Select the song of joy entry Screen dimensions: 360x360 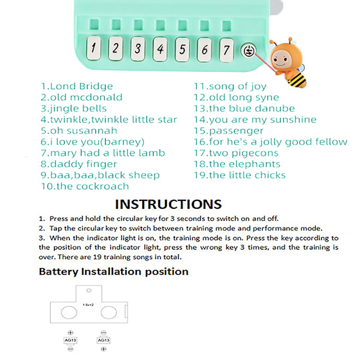pyautogui.click(x=229, y=86)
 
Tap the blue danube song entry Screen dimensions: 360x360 pyautogui.click(x=244, y=109)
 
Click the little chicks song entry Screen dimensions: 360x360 pyautogui.click(x=239, y=175)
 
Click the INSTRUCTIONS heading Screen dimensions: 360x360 pyautogui.click(x=168, y=205)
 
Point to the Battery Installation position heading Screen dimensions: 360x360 pyautogui.click(x=113, y=271)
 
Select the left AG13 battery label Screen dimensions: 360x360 pyautogui.click(x=71, y=340)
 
